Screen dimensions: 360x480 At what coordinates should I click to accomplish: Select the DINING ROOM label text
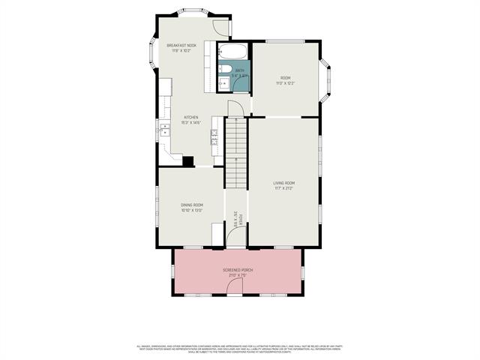point(192,205)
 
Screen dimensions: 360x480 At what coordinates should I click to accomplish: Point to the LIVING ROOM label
point(283,183)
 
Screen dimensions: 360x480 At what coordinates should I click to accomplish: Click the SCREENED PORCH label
point(237,270)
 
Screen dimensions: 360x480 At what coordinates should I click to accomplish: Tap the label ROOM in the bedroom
point(286,78)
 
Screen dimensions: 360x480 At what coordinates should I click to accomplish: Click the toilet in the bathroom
point(225,70)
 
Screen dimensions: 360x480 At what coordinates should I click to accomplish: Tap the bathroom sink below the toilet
point(224,83)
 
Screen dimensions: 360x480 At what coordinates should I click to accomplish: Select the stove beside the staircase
point(215,135)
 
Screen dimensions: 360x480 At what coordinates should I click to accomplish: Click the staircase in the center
point(236,154)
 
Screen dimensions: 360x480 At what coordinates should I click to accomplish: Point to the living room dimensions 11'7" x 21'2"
point(283,188)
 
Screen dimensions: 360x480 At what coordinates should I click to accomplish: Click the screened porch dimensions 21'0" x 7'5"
point(237,275)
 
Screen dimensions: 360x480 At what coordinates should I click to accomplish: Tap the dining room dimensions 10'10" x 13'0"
point(192,210)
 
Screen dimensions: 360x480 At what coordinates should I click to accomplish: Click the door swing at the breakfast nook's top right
point(221,27)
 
